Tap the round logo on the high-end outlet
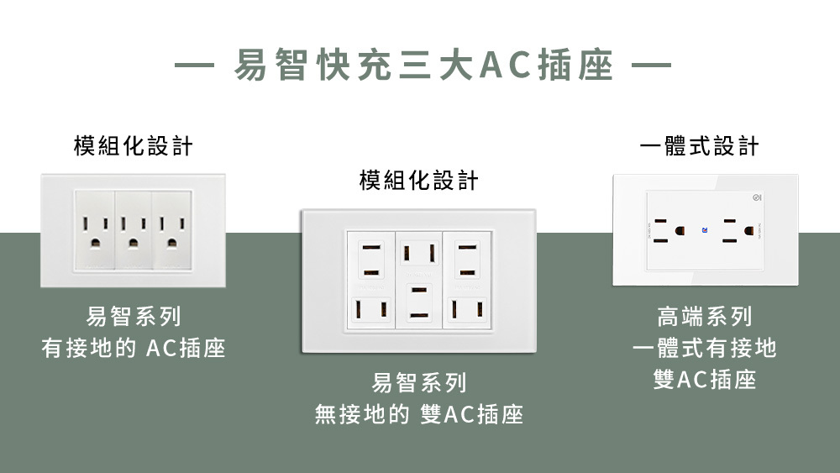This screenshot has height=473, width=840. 758,198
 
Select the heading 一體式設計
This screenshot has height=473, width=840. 699,147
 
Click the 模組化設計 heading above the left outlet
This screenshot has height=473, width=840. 134,146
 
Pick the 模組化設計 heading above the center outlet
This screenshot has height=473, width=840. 419,180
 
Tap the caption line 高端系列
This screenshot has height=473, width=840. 705,317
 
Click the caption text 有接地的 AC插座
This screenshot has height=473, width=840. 134,348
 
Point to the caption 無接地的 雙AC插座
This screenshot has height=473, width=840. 419,414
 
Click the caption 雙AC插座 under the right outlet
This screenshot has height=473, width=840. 705,380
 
